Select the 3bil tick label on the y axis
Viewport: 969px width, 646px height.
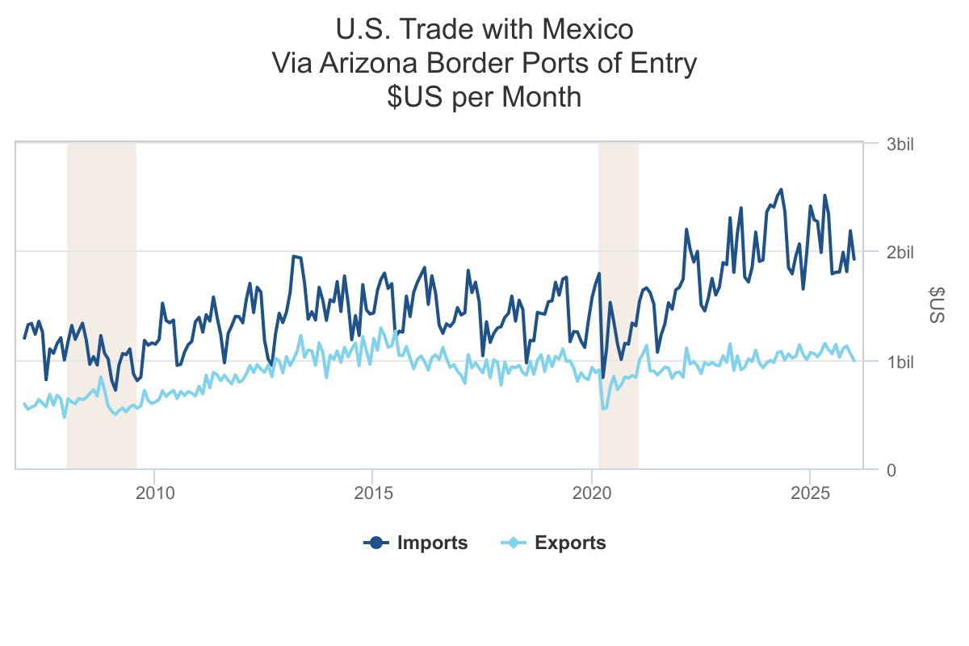[900, 145]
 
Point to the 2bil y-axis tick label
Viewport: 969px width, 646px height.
[900, 253]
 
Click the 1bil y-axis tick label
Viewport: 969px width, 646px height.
[900, 361]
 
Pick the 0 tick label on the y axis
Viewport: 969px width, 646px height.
[891, 469]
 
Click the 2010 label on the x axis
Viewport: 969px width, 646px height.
[153, 492]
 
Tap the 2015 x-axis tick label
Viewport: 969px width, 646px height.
[372, 492]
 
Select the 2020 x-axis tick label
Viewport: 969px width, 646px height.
[592, 492]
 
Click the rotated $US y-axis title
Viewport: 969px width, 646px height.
[937, 305]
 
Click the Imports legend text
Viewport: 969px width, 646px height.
[432, 543]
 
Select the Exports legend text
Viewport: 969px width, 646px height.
[570, 543]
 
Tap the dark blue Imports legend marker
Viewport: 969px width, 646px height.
[376, 543]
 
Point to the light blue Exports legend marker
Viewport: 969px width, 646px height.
[514, 543]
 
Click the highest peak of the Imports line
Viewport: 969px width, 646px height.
[781, 190]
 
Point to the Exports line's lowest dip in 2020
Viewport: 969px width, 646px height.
[603, 409]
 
